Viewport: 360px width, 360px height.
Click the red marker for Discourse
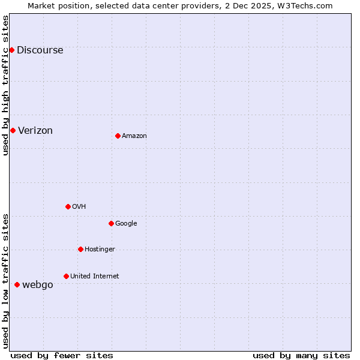click(11, 50)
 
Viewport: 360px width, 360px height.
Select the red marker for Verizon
click(13, 130)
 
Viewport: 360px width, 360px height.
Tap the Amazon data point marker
click(118, 136)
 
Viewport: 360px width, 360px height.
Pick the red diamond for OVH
click(68, 206)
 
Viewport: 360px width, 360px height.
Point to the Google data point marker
click(111, 223)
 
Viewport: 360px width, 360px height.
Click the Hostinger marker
click(80, 249)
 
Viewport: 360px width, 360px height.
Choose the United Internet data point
click(66, 276)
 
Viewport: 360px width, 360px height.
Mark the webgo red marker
click(17, 284)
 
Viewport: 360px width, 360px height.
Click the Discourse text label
click(40, 50)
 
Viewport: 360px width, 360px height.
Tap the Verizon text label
click(35, 131)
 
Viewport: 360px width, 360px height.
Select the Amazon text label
click(134, 136)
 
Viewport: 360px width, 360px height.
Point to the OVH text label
click(79, 207)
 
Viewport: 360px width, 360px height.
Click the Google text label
click(126, 224)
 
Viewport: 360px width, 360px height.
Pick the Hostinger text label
click(100, 250)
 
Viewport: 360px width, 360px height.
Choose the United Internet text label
click(95, 277)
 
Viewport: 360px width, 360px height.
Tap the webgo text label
click(38, 285)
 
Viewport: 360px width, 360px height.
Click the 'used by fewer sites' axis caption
click(62, 355)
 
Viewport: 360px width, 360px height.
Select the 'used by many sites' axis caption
click(301, 355)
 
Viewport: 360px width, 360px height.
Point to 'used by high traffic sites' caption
click(6, 85)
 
